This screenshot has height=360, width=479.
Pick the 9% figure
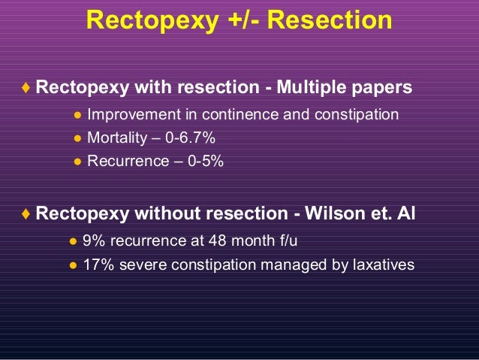point(94,241)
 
